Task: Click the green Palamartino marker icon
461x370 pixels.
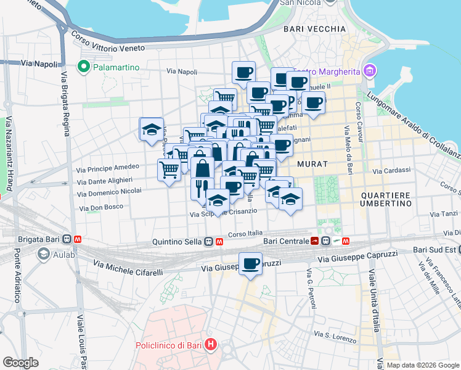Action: click(x=82, y=66)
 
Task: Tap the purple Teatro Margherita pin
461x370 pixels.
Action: click(x=369, y=72)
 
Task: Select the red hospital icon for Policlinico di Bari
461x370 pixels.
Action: click(x=211, y=344)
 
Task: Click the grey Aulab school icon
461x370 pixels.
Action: click(x=44, y=253)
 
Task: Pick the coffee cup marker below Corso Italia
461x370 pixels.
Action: click(x=250, y=265)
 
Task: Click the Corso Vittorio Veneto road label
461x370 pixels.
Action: click(x=108, y=41)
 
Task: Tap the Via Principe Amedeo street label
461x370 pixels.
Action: click(x=107, y=168)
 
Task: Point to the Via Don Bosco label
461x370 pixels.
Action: click(x=101, y=207)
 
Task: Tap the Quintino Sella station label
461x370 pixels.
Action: click(x=177, y=242)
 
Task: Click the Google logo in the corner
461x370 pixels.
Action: click(x=20, y=362)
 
